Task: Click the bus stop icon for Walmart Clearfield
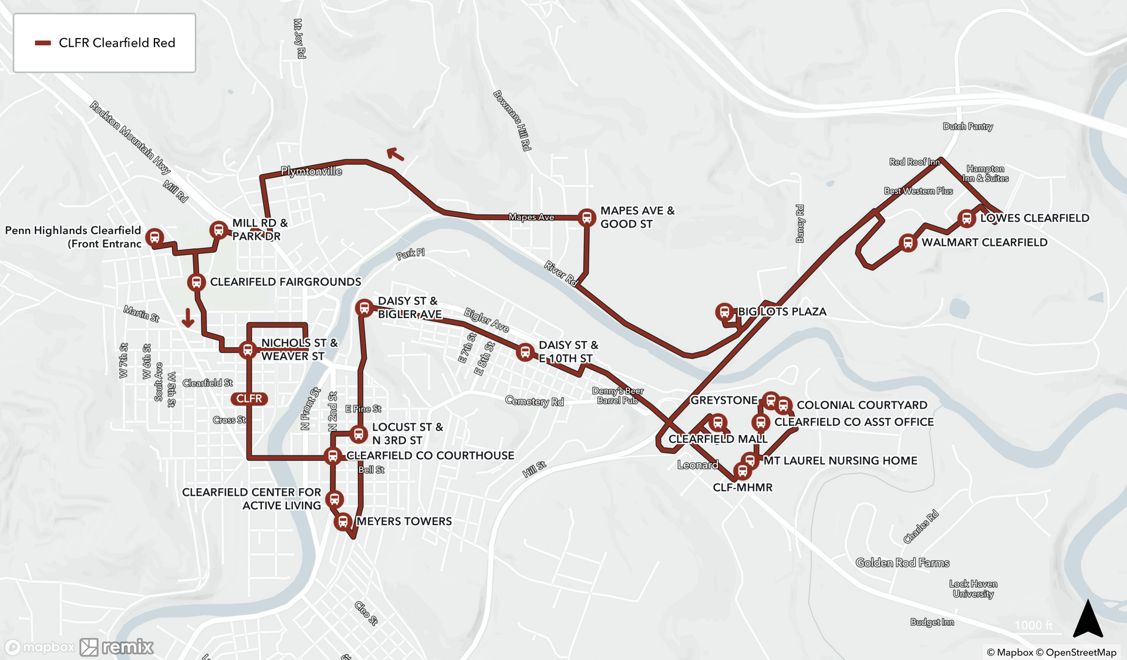(x=907, y=242)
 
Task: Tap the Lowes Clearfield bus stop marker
(x=966, y=219)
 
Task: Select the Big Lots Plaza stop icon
(x=724, y=312)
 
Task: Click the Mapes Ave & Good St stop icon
(x=586, y=217)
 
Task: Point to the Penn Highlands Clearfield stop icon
(x=154, y=237)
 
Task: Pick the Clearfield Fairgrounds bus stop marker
(x=196, y=282)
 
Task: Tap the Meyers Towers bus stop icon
(x=343, y=521)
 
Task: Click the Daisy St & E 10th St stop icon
(x=525, y=352)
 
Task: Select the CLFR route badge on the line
(x=249, y=399)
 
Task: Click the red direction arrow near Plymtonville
(x=396, y=154)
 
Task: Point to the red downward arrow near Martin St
(x=188, y=318)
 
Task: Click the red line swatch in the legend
(x=43, y=43)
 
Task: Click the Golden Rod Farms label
(x=902, y=563)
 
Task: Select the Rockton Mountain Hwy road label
(x=130, y=137)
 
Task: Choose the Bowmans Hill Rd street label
(x=512, y=120)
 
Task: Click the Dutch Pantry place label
(x=967, y=126)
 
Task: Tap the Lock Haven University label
(x=973, y=588)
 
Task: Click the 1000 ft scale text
(x=1033, y=625)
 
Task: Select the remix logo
(x=117, y=647)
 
